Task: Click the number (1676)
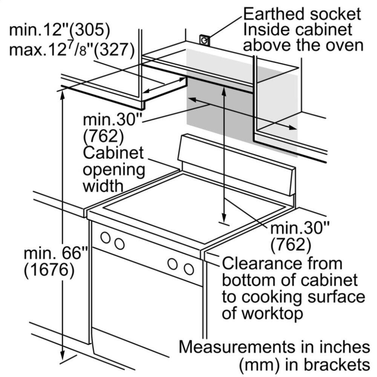[48, 270]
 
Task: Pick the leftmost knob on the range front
[106, 238]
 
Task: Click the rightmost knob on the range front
[189, 269]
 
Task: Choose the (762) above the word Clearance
[291, 245]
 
